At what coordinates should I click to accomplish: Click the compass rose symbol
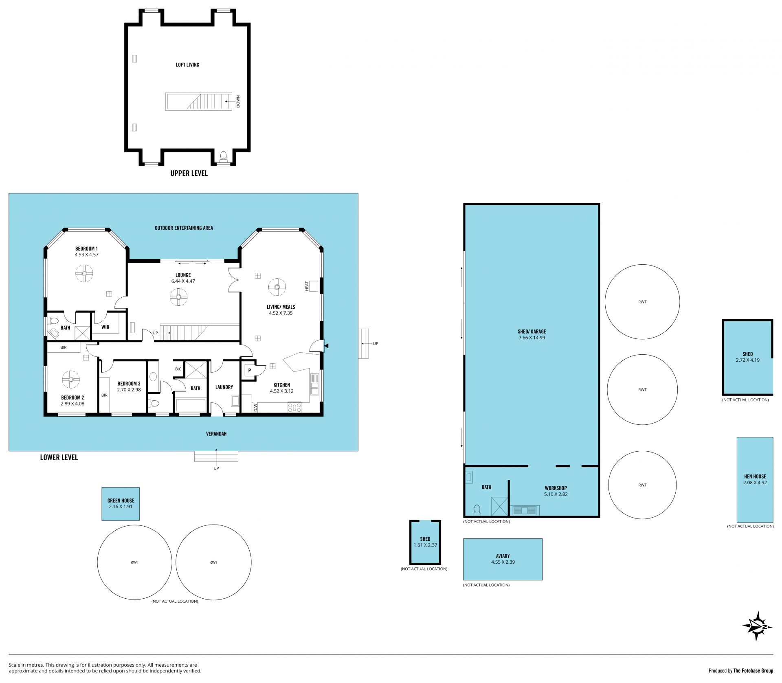click(x=757, y=626)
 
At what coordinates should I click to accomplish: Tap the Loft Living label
click(x=187, y=65)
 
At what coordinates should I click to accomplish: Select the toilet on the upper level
click(x=223, y=156)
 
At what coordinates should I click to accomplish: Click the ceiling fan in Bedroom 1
click(x=85, y=273)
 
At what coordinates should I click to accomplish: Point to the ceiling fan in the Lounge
click(x=178, y=297)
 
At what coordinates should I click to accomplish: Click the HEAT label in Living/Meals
click(x=307, y=286)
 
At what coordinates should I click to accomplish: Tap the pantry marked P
click(x=249, y=371)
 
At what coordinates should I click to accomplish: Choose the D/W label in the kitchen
click(x=255, y=408)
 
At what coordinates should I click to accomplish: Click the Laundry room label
click(x=224, y=387)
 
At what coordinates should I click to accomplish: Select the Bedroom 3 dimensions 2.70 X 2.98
click(x=129, y=390)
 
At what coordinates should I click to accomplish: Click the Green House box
click(x=121, y=504)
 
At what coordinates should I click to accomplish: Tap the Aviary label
click(x=503, y=556)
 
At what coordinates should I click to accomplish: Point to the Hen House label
click(x=755, y=477)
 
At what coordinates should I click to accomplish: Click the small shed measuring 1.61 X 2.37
click(x=425, y=542)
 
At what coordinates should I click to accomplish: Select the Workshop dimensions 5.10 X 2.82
click(x=556, y=494)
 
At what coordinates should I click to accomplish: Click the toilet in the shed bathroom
click(x=477, y=509)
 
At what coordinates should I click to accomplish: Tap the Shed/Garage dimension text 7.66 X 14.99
click(x=532, y=338)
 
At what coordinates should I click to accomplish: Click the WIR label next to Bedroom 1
click(x=105, y=327)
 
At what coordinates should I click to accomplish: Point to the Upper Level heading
click(x=189, y=173)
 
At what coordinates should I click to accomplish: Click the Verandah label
click(x=216, y=434)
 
